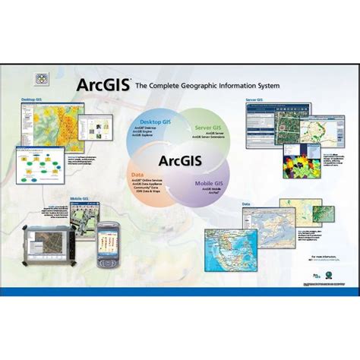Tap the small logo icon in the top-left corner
43,77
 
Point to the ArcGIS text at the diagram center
180,160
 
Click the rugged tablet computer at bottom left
51,245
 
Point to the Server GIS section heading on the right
254,99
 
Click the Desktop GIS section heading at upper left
32,99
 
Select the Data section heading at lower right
246,204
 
